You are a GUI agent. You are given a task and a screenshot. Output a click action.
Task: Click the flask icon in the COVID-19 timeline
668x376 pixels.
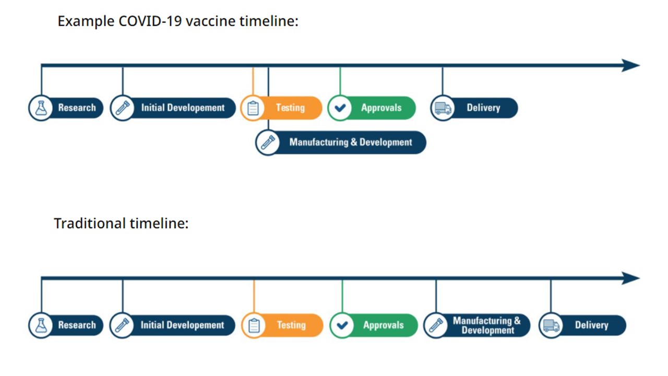click(41, 108)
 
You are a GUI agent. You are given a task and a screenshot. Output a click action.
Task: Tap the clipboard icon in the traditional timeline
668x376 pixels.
click(254, 325)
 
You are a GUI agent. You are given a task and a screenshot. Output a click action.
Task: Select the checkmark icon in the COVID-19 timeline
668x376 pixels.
click(340, 108)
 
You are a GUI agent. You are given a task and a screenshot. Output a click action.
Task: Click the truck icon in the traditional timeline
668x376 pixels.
click(551, 325)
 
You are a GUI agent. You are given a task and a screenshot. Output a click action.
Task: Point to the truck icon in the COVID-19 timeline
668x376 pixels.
click(443, 108)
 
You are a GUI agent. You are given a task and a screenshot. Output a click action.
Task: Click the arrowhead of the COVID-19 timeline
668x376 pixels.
click(630, 65)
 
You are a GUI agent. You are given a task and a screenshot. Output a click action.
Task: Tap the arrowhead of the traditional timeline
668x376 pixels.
click(630, 278)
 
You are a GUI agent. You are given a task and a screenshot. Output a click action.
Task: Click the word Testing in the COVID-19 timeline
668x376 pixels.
click(290, 108)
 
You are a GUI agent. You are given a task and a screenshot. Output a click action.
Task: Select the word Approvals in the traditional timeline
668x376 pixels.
click(383, 325)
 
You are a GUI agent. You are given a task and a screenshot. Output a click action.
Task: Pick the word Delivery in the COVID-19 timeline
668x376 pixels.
click(483, 108)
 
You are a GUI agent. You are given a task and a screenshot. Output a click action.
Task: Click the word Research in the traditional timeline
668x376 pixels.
click(77, 325)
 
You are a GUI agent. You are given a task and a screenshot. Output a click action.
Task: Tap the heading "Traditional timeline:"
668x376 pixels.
click(121, 223)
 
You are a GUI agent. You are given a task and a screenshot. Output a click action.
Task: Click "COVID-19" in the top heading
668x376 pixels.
click(150, 21)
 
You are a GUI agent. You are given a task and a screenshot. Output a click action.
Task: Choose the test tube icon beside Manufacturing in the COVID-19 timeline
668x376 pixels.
click(268, 143)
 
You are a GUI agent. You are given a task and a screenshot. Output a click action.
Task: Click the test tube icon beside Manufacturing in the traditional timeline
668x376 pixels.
click(436, 325)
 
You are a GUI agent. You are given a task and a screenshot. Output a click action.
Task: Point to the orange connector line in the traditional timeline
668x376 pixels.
click(254, 296)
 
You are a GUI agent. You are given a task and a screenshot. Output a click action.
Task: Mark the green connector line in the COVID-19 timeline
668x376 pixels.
click(340, 81)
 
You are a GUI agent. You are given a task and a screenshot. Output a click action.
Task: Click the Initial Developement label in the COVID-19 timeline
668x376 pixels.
click(183, 108)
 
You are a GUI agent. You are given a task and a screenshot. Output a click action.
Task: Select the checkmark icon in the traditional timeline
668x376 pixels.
click(342, 325)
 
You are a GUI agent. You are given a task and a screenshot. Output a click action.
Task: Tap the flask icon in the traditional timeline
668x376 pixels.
click(41, 325)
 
